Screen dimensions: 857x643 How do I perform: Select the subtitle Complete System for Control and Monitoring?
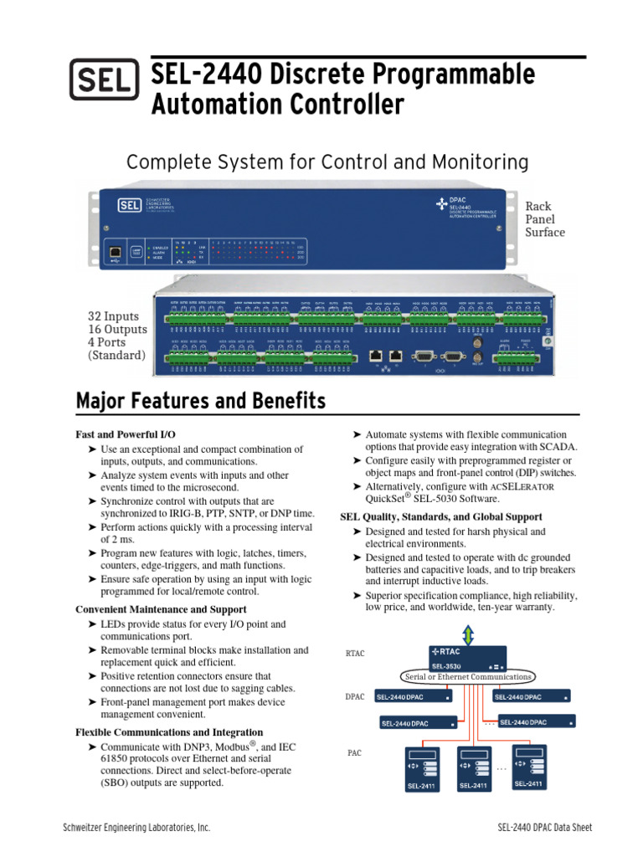coord(327,162)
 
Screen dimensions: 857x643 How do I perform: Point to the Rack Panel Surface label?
coord(544,218)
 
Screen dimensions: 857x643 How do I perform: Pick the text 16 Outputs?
coord(117,330)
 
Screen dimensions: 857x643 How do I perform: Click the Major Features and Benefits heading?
coord(201,403)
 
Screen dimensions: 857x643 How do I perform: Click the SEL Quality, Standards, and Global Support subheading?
coord(440,517)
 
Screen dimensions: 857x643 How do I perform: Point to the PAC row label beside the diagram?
coord(354,753)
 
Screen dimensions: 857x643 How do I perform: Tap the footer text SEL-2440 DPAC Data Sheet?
coord(544,828)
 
